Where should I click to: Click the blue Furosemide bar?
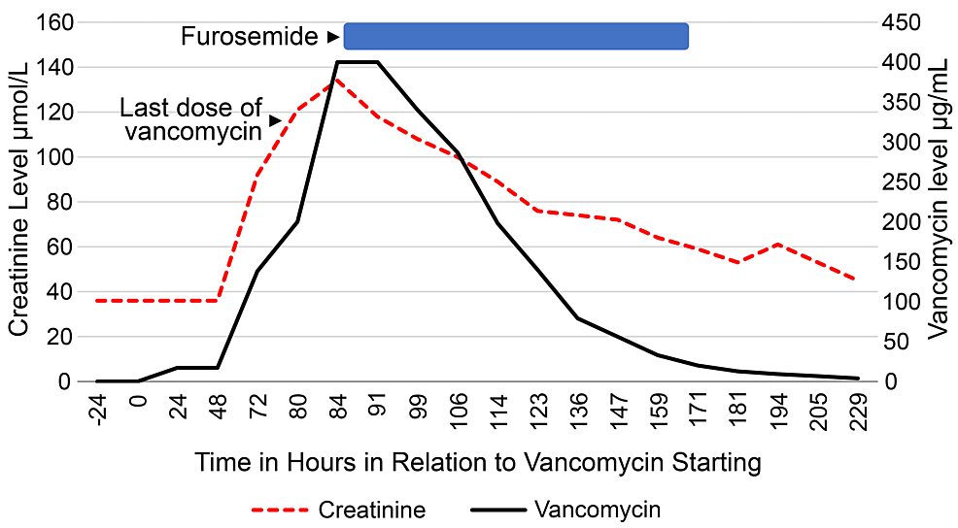click(516, 36)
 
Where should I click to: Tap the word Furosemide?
click(250, 37)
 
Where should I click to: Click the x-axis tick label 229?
click(857, 413)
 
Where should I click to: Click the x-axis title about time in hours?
click(477, 462)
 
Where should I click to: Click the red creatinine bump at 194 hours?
click(777, 244)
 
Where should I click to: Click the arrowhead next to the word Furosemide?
click(332, 37)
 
